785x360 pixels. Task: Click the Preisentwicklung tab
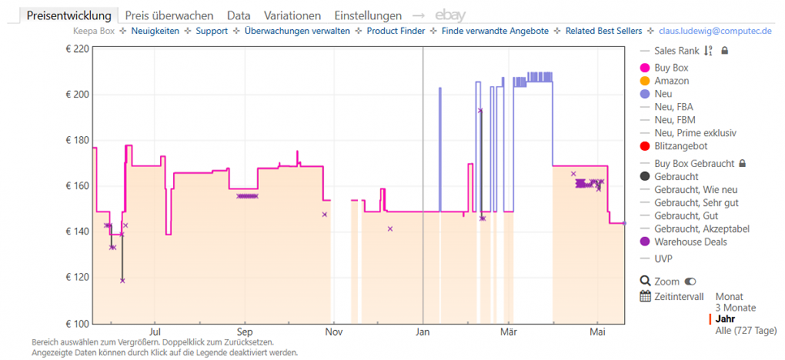point(69,15)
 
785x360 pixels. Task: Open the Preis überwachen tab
point(169,15)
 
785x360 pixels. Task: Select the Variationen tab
point(292,15)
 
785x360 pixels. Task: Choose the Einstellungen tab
point(368,15)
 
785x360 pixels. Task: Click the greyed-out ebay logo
point(450,15)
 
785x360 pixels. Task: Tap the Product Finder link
point(396,31)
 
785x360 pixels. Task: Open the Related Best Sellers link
point(603,31)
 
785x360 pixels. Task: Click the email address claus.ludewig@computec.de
point(714,31)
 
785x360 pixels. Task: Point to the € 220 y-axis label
point(77,49)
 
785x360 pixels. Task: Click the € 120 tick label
point(77,278)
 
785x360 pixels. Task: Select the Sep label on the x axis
point(244,332)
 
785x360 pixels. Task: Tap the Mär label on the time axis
point(509,332)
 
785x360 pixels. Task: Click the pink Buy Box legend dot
point(645,68)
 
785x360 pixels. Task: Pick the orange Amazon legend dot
point(645,81)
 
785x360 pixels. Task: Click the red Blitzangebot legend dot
point(645,146)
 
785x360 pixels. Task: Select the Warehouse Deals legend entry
point(683,242)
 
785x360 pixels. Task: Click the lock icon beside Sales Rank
point(724,51)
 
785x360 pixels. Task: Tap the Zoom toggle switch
point(692,282)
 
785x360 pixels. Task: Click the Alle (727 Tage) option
point(746,331)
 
